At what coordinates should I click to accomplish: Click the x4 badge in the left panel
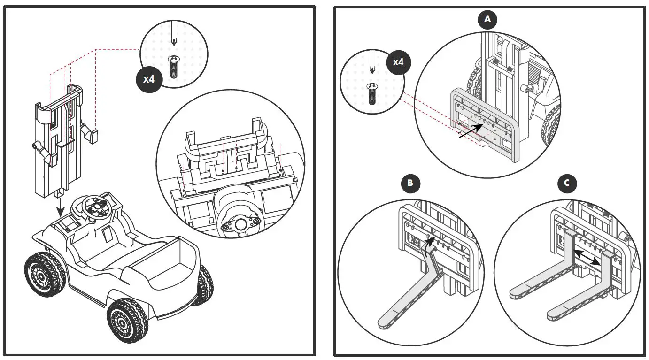[148, 78]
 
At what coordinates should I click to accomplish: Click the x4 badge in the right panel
[398, 61]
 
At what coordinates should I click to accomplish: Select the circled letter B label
[410, 183]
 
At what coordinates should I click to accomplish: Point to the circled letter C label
[567, 183]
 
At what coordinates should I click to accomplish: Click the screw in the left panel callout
[174, 65]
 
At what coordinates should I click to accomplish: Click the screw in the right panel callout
[372, 93]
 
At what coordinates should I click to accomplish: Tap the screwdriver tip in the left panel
[174, 41]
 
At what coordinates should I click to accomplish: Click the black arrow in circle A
[471, 131]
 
